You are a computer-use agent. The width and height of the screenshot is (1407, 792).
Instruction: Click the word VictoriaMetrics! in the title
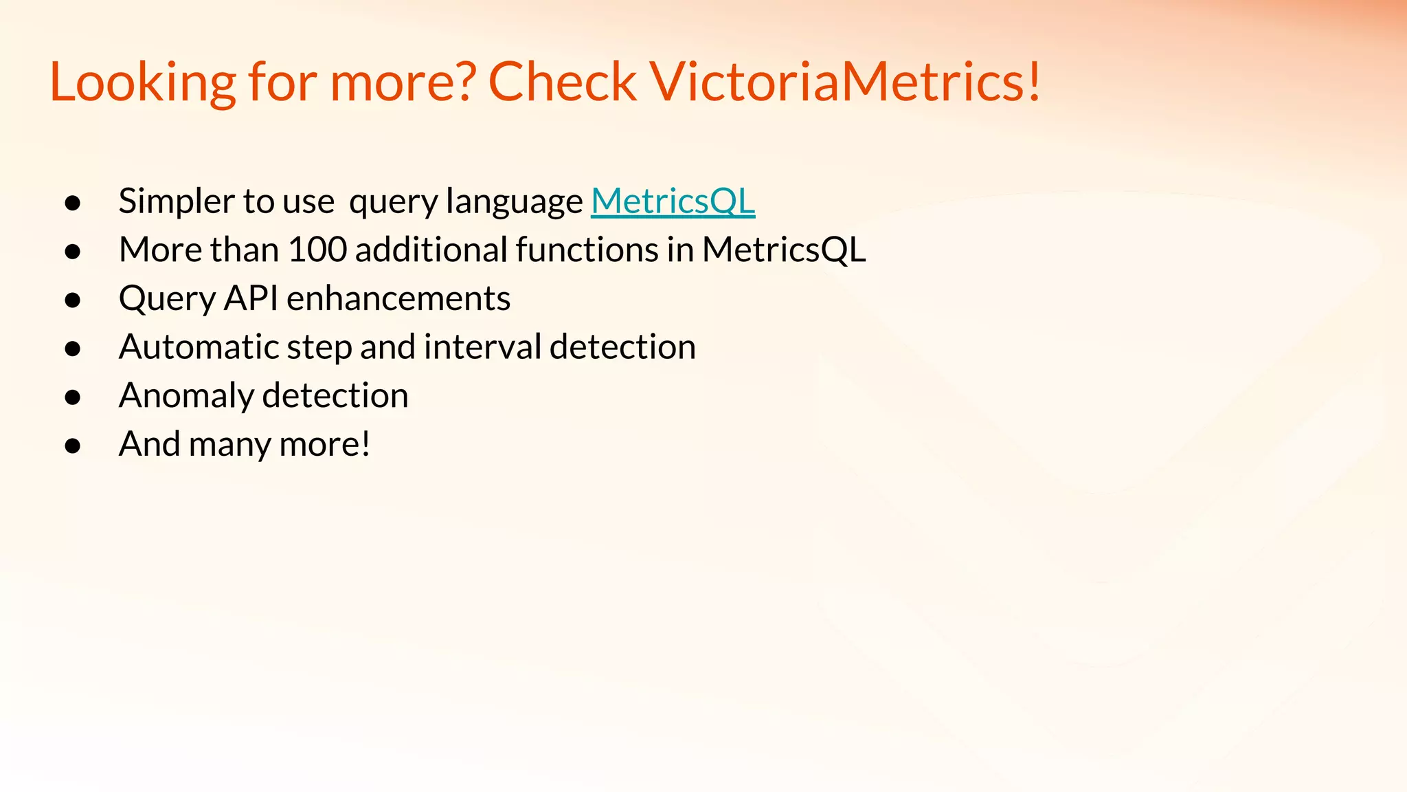pyautogui.click(x=845, y=82)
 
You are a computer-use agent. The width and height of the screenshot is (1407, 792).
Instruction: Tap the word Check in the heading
pyautogui.click(x=562, y=82)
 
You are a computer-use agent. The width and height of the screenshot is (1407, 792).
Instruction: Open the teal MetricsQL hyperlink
pyautogui.click(x=673, y=201)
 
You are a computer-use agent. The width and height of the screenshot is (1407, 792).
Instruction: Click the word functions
pyautogui.click(x=587, y=250)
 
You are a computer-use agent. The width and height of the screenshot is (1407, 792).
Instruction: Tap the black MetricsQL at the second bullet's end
pyautogui.click(x=783, y=250)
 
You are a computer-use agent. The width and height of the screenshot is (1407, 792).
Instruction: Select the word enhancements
pyautogui.click(x=398, y=299)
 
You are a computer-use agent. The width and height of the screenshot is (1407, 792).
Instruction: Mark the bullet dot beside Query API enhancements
pyautogui.click(x=73, y=300)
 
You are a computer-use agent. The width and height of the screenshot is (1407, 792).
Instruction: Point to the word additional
pyautogui.click(x=431, y=250)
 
